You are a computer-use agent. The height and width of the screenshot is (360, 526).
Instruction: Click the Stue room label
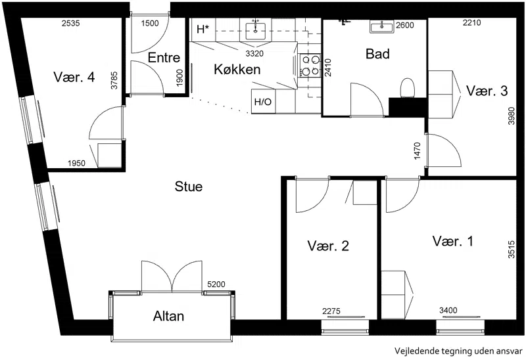click(x=189, y=187)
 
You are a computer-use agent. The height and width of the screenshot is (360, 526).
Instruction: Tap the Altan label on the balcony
click(x=168, y=316)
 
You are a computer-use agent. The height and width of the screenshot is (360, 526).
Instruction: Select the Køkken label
click(x=237, y=70)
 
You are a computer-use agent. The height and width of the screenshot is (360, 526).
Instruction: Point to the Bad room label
click(x=377, y=54)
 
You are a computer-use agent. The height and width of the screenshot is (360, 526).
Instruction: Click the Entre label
click(x=164, y=58)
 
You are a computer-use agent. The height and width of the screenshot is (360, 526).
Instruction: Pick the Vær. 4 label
click(x=74, y=77)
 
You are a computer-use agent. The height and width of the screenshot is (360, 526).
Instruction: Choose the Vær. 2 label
click(x=328, y=246)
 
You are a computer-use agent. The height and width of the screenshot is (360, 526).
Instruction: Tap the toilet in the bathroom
click(x=407, y=88)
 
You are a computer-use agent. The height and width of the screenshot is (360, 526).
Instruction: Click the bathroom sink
click(x=382, y=26)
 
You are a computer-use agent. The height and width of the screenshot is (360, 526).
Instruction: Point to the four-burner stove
click(x=310, y=65)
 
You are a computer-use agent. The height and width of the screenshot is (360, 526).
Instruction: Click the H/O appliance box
click(x=264, y=101)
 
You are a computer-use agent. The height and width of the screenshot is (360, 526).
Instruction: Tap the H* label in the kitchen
click(x=203, y=30)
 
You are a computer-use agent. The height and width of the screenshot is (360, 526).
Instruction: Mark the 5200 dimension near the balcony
click(x=216, y=284)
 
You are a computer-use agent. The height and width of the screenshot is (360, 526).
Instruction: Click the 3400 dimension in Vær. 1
click(x=448, y=311)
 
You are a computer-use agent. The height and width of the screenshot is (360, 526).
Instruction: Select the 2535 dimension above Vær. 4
click(x=71, y=23)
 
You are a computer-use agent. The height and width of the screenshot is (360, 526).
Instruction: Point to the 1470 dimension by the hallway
click(x=417, y=151)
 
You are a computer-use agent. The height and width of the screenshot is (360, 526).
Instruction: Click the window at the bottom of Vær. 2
click(x=345, y=327)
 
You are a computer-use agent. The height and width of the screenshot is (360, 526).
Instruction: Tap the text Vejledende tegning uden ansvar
click(x=458, y=351)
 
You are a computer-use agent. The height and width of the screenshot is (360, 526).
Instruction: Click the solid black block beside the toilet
click(x=408, y=107)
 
